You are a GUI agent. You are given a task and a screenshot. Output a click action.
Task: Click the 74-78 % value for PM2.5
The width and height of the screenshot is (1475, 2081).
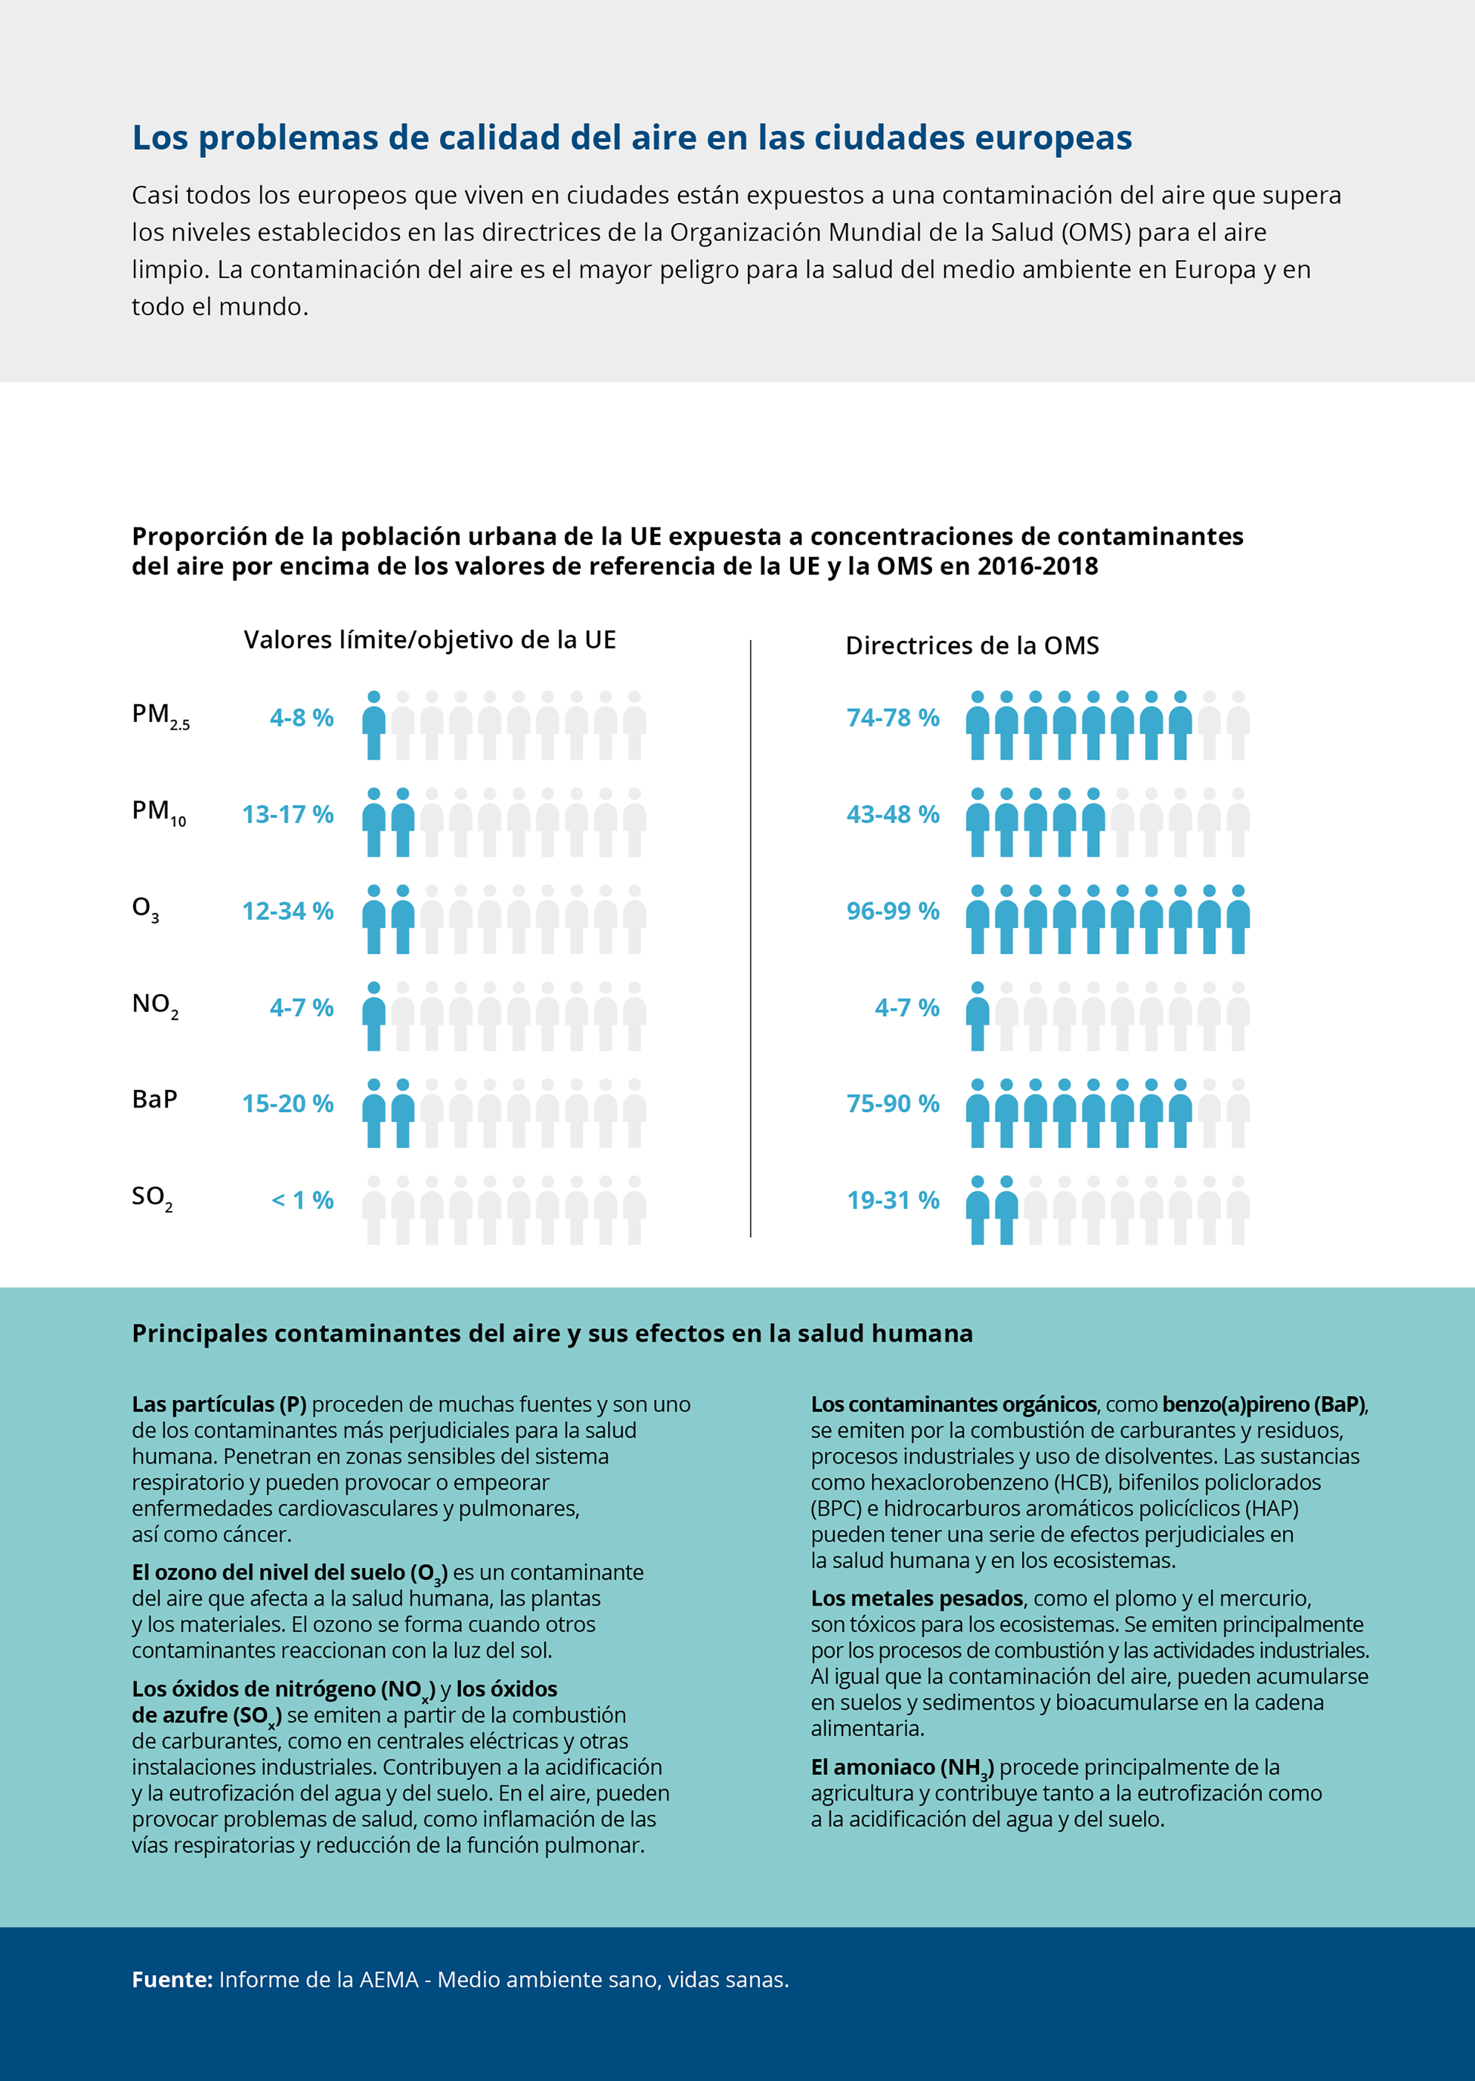[x=893, y=717]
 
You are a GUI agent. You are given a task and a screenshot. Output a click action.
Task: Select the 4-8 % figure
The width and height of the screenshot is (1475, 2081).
[x=301, y=717]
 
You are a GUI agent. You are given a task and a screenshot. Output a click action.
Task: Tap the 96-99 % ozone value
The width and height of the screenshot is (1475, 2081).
[x=893, y=911]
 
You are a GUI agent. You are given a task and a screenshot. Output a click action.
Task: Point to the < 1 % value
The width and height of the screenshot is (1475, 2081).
[x=303, y=1201]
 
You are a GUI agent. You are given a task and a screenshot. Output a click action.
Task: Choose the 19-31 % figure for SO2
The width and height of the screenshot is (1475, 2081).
[x=893, y=1201]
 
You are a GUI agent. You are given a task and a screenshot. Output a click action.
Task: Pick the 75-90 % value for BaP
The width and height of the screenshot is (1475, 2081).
[x=893, y=1103]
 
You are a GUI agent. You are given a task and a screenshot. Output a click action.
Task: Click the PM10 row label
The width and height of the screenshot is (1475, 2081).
[x=159, y=812]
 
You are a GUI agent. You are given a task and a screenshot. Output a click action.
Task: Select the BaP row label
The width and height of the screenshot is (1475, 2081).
[x=155, y=1099]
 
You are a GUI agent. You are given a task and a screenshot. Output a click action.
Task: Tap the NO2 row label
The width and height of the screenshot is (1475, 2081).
[x=155, y=1005]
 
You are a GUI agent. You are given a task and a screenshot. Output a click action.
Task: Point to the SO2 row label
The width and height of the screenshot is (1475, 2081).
[x=152, y=1198]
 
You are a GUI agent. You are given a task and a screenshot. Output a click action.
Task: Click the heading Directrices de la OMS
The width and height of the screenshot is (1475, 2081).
[x=972, y=646]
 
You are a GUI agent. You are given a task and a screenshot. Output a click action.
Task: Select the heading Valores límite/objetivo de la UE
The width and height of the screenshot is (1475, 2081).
[x=430, y=640]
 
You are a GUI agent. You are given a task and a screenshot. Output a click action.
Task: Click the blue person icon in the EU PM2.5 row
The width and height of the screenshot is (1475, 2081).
[x=373, y=725]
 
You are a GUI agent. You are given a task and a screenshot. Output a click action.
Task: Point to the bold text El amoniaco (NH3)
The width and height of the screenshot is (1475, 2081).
[x=902, y=1768]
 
